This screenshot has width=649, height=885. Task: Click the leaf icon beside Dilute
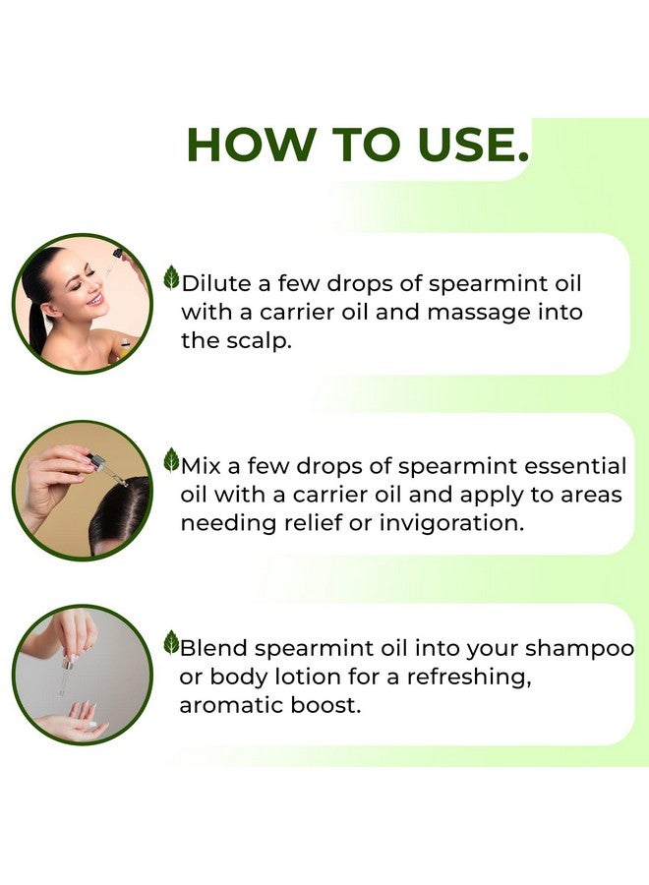point(171,278)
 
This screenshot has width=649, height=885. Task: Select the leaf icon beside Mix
point(171,460)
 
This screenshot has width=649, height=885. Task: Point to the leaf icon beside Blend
point(171,643)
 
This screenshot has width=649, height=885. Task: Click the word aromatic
point(236,706)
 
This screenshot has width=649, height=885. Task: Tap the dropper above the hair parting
point(105,468)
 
